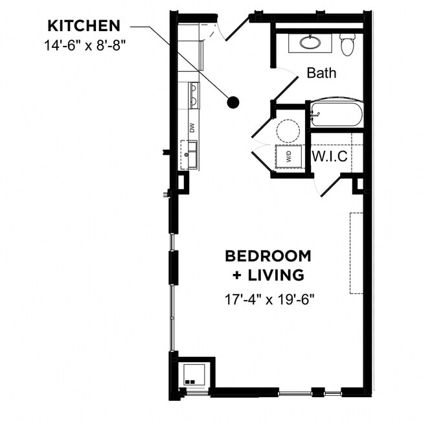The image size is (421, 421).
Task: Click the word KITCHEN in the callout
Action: pyautogui.click(x=84, y=26)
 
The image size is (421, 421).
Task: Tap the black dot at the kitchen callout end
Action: pyautogui.click(x=233, y=102)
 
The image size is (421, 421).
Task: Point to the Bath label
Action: pyautogui.click(x=321, y=73)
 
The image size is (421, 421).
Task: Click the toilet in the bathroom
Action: pyautogui.click(x=348, y=43)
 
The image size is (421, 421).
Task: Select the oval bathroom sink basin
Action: pyautogui.click(x=309, y=43)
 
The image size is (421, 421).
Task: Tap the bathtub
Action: pyautogui.click(x=336, y=115)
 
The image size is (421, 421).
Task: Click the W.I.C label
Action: pyautogui.click(x=330, y=156)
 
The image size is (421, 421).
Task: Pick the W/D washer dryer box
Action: pyautogui.click(x=288, y=156)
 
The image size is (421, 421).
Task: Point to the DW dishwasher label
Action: pyautogui.click(x=192, y=128)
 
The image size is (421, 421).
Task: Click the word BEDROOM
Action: pyautogui.click(x=267, y=255)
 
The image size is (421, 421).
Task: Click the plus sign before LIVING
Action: pyautogui.click(x=236, y=275)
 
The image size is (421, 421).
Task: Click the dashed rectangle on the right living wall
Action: pyautogui.click(x=356, y=253)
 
